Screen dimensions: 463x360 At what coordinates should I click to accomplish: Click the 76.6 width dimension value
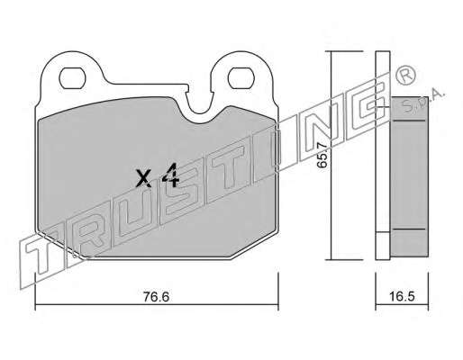point(156,297)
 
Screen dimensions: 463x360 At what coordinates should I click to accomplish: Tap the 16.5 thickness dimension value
point(402,296)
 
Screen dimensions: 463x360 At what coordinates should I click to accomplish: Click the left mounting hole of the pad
point(72,78)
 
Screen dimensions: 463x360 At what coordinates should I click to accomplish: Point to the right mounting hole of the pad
point(241,78)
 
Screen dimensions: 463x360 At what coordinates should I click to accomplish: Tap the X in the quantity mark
point(143,178)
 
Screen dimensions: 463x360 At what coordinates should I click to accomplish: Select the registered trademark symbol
point(405,76)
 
